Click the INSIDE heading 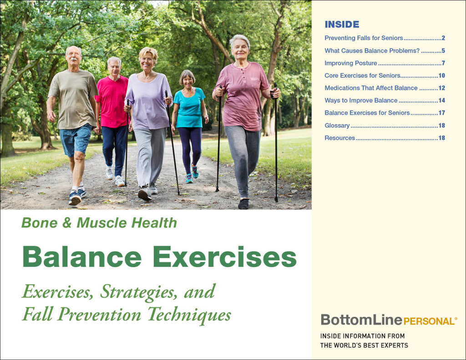pos(342,25)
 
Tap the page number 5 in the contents pos(443,51)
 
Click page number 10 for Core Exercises pos(441,76)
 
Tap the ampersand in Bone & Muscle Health pos(67,223)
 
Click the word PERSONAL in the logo pos(428,321)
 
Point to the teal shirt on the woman pos(189,107)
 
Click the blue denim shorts pos(76,139)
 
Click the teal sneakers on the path pos(192,175)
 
